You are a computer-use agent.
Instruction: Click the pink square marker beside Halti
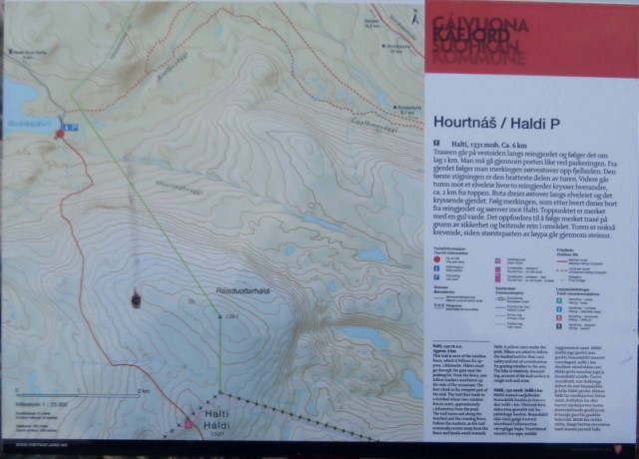186,424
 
